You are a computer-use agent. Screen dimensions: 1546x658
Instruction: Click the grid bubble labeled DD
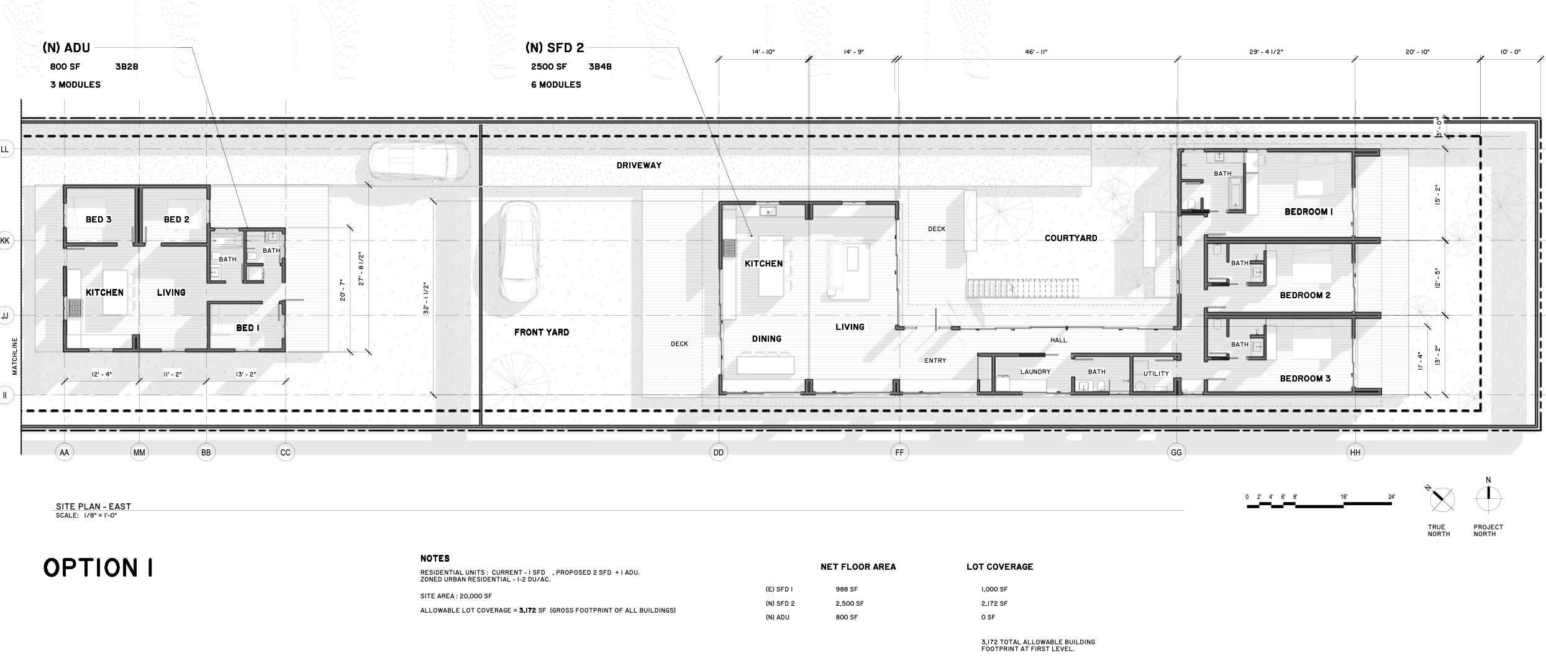tap(719, 452)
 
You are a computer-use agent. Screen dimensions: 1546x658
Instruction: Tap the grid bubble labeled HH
tap(1355, 452)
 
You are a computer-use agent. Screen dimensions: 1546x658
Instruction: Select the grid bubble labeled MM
tap(139, 452)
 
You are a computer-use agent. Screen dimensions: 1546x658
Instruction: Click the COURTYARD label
tap(1071, 238)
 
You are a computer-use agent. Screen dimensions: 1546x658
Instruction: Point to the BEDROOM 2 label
tap(1305, 295)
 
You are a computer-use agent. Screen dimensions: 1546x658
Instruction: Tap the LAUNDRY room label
tap(1035, 372)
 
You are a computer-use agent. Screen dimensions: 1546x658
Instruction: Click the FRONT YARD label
tap(542, 332)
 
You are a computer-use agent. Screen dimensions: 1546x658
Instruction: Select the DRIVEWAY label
tap(639, 165)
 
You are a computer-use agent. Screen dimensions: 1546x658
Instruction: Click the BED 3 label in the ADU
tap(99, 219)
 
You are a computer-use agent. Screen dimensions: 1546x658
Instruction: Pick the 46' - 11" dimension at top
tap(1036, 52)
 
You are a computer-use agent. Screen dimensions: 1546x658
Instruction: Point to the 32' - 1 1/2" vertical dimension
tap(425, 299)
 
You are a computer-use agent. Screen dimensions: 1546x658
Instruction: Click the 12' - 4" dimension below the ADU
tap(101, 375)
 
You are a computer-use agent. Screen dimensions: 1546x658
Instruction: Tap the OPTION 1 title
tap(98, 568)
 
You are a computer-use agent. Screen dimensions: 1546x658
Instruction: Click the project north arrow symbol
tap(1488, 499)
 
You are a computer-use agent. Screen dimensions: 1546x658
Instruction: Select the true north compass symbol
tap(1442, 499)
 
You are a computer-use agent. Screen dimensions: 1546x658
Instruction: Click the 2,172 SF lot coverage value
tap(994, 603)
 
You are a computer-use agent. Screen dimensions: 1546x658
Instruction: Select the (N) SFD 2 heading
tap(555, 48)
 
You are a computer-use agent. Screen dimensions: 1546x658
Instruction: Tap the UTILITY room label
tap(1156, 374)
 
